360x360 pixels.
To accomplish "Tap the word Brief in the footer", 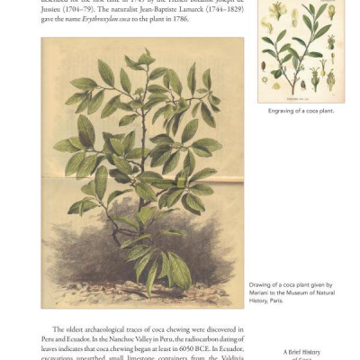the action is click(299, 351).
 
